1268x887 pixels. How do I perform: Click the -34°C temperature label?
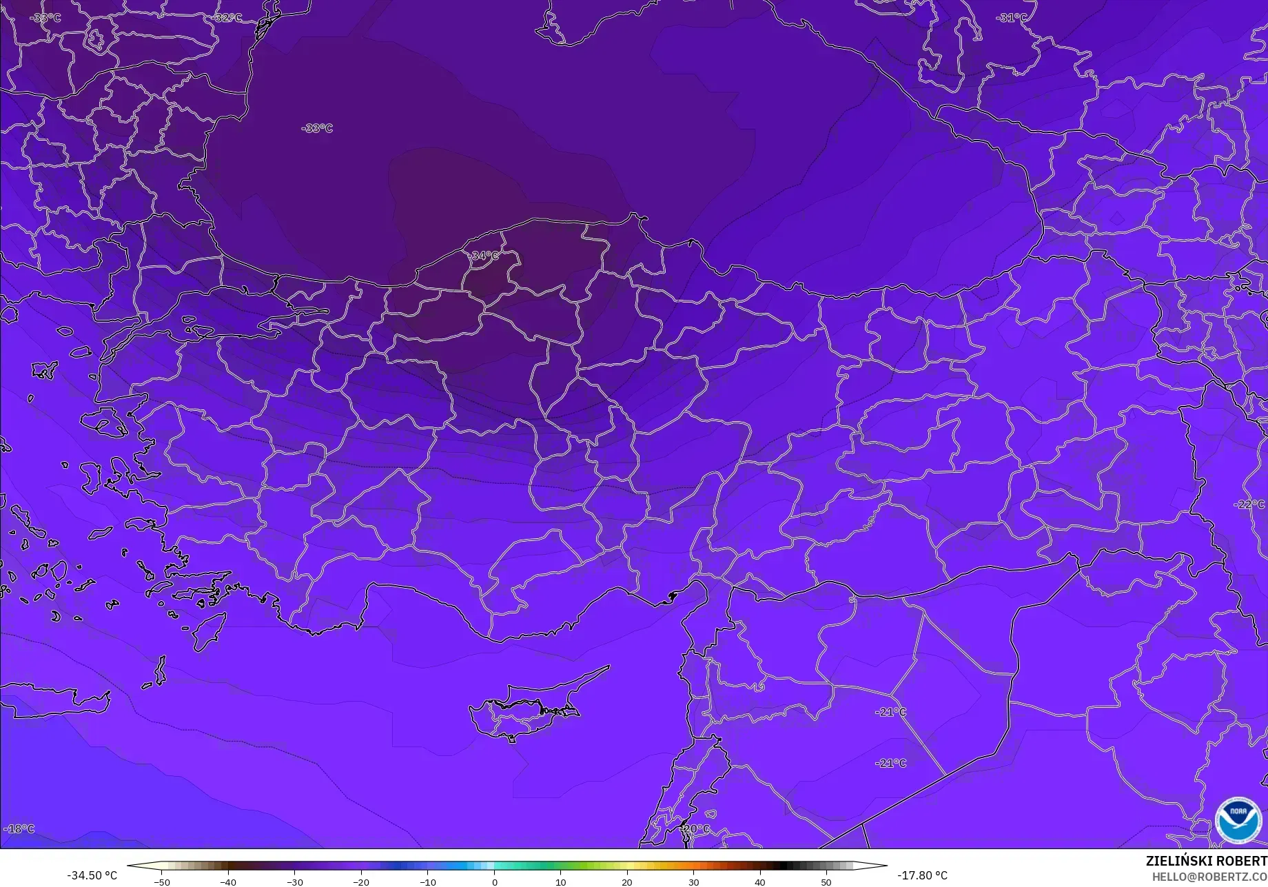click(x=484, y=256)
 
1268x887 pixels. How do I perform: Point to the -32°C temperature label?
click(x=228, y=18)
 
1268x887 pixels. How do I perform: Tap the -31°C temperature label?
click(x=1011, y=18)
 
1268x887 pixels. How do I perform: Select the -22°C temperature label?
click(x=1249, y=504)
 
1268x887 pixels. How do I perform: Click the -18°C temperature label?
click(x=19, y=828)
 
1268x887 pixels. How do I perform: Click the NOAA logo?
click(x=1238, y=820)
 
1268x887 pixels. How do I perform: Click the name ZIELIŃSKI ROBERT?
click(x=1206, y=861)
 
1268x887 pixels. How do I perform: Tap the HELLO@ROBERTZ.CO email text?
click(x=1210, y=877)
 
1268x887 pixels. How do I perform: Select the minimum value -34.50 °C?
click(x=92, y=875)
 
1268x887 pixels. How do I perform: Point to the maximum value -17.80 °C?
click(x=922, y=875)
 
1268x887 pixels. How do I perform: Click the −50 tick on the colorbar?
click(x=161, y=882)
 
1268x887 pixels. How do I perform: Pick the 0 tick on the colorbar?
click(x=494, y=882)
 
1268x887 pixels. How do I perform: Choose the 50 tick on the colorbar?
click(x=826, y=882)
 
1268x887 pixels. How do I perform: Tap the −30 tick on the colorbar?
click(x=294, y=882)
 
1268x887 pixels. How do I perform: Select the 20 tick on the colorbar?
click(x=627, y=882)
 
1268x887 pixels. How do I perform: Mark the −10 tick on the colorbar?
click(x=427, y=882)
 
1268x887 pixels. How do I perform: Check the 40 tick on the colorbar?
click(x=759, y=882)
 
